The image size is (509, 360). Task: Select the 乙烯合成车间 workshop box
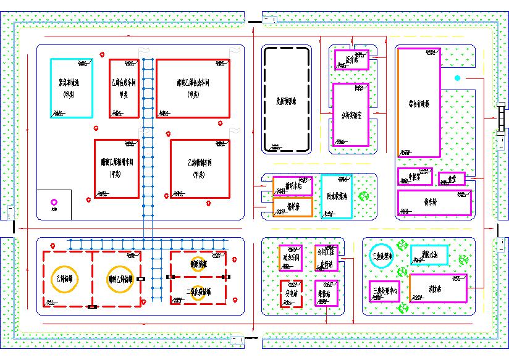(x=124, y=88)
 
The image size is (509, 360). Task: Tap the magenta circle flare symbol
(x=54, y=202)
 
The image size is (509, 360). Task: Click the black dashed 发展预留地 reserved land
(x=286, y=99)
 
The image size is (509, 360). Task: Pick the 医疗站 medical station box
(x=351, y=60)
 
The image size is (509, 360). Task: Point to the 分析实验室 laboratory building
(x=350, y=115)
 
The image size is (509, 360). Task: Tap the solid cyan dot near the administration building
(x=458, y=78)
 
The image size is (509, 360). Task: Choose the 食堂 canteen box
(x=452, y=178)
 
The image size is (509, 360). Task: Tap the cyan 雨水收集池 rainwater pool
(x=337, y=196)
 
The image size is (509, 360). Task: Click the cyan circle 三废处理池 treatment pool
(x=381, y=256)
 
